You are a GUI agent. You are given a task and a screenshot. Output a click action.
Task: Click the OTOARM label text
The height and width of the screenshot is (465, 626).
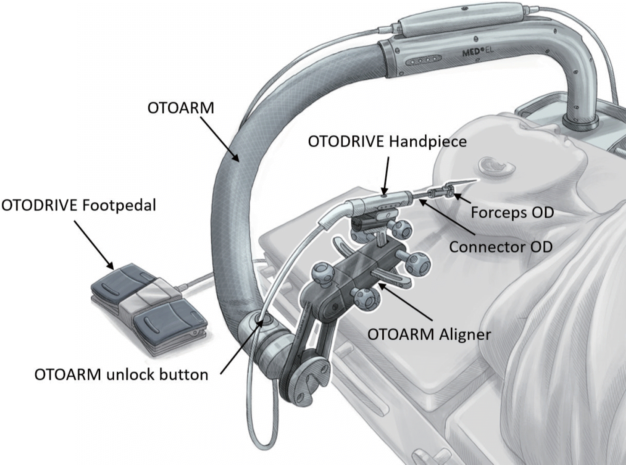180,108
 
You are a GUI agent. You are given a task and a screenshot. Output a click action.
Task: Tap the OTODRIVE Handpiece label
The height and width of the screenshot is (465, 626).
387,141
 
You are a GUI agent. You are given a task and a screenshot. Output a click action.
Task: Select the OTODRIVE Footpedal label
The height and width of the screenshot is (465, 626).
78,205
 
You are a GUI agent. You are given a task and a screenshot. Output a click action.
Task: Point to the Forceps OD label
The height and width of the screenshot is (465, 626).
512,212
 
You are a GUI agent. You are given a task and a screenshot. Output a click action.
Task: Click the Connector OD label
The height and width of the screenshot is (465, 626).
500,247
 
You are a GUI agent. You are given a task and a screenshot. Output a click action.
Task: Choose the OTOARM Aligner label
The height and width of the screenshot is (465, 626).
429,334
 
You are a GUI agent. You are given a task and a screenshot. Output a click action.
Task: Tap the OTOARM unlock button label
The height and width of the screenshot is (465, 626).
121,375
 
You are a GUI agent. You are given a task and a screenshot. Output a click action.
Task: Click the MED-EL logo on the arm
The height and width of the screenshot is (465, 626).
478,52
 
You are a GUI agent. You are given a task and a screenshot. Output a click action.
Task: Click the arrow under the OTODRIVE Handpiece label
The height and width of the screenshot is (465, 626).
386,174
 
